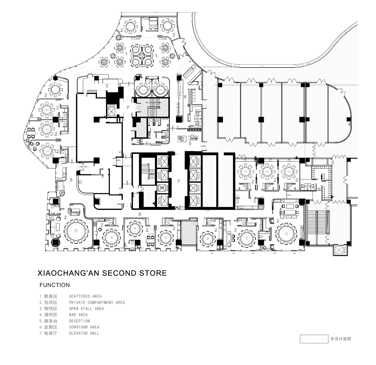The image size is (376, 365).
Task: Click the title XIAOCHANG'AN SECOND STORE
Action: point(102,273)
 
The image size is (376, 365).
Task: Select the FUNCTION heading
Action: point(55,285)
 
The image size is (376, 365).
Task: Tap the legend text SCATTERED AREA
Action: point(85,296)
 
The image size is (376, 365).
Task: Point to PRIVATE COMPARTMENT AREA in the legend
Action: point(97,302)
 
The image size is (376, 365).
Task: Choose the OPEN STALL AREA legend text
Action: point(86,309)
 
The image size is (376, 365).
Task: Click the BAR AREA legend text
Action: point(78,315)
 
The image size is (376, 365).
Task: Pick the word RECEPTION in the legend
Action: point(80,321)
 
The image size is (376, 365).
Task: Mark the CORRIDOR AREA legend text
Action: point(84,327)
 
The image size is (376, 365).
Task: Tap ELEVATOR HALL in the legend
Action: point(84,333)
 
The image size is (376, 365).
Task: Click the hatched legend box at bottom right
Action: point(314,339)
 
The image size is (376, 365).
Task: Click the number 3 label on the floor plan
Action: point(107,86)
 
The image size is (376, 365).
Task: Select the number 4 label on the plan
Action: point(185,96)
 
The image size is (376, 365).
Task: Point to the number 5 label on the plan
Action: point(190,143)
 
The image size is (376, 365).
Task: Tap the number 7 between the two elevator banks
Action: point(178,181)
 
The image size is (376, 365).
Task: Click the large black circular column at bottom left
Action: point(55,243)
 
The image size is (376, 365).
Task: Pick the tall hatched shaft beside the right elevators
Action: point(210,181)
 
